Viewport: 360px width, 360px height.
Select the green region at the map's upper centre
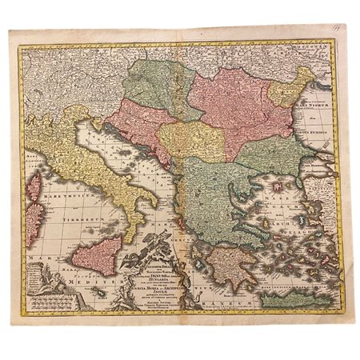(164, 88)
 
